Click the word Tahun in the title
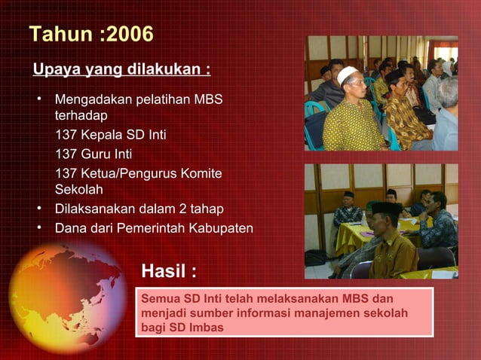56,34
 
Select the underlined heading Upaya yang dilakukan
121,70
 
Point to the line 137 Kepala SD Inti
111,136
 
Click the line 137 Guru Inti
98,154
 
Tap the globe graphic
68,298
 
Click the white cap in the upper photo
348,75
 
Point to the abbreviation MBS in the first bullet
208,99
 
